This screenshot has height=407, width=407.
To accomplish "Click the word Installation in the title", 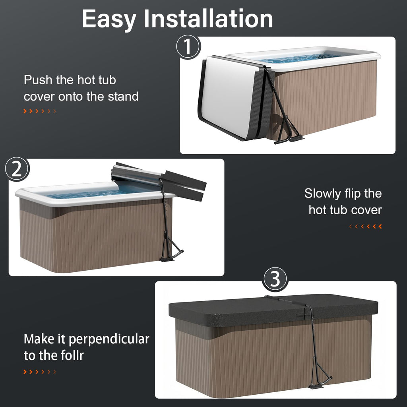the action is tap(208, 18).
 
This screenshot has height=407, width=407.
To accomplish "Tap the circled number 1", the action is tap(188, 47).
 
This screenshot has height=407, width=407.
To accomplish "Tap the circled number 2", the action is tap(17, 169).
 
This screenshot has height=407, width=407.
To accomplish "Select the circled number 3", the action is tap(275, 279).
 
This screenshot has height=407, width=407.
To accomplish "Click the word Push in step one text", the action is tap(38, 80).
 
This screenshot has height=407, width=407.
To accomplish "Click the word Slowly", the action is tap(323, 194).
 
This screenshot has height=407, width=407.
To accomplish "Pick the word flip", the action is tap(353, 194).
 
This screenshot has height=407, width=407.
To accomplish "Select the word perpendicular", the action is tap(109, 339).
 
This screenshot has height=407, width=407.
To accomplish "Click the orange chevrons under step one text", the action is tap(40, 111).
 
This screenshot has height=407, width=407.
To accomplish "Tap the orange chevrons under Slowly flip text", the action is tap(366, 226).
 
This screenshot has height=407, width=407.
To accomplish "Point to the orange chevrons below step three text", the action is tap(40, 372).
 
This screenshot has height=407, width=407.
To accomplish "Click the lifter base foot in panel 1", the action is tap(289, 140).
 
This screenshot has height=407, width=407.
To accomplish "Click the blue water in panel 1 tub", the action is tap(301, 58).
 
